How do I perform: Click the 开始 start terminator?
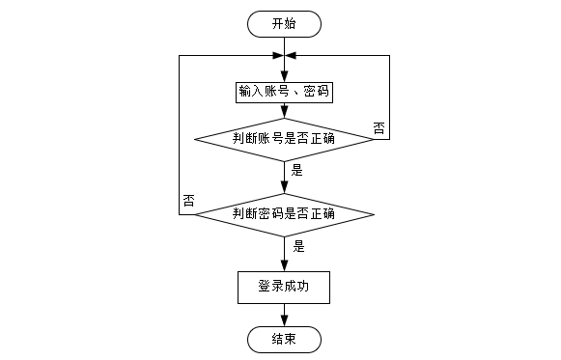pyautogui.click(x=284, y=24)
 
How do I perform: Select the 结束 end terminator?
pyautogui.click(x=284, y=340)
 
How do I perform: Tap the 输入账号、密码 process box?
pyautogui.click(x=284, y=93)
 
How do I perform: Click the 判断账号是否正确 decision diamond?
pyautogui.click(x=284, y=139)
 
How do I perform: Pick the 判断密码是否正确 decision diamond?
pyautogui.click(x=284, y=215)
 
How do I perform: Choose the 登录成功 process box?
pyautogui.click(x=284, y=288)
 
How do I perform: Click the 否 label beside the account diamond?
pyautogui.click(x=379, y=128)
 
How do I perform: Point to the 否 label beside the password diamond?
pyautogui.click(x=189, y=201)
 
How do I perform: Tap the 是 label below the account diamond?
pyautogui.click(x=297, y=170)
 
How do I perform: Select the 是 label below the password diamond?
pyautogui.click(x=298, y=246)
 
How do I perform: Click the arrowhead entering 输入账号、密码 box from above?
pyautogui.click(x=284, y=77)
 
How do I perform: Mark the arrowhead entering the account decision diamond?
pyautogui.click(x=284, y=113)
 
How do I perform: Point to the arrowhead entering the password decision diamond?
pyautogui.click(x=284, y=188)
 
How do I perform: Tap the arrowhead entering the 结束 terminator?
pyautogui.click(x=284, y=321)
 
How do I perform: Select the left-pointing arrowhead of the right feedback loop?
pyautogui.click(x=291, y=55)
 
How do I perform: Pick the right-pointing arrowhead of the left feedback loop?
pyautogui.click(x=278, y=55)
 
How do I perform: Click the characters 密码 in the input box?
pyautogui.click(x=317, y=92)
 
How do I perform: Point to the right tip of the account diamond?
pyautogui.click(x=375, y=139)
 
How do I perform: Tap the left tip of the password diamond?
pyautogui.click(x=194, y=215)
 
